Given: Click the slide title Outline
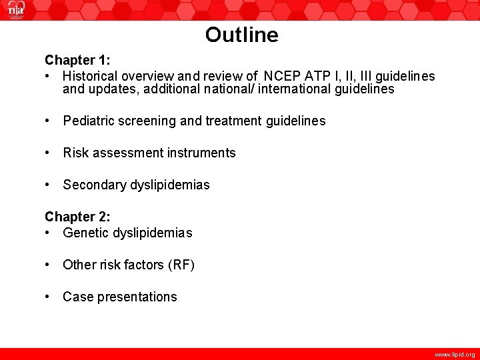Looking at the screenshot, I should (241, 35).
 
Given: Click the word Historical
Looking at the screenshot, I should (91, 76).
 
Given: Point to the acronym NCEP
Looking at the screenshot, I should (281, 76).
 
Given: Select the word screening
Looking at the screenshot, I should (149, 121).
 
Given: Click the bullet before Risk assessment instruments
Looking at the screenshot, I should (48, 153).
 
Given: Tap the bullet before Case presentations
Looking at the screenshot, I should (48, 297).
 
